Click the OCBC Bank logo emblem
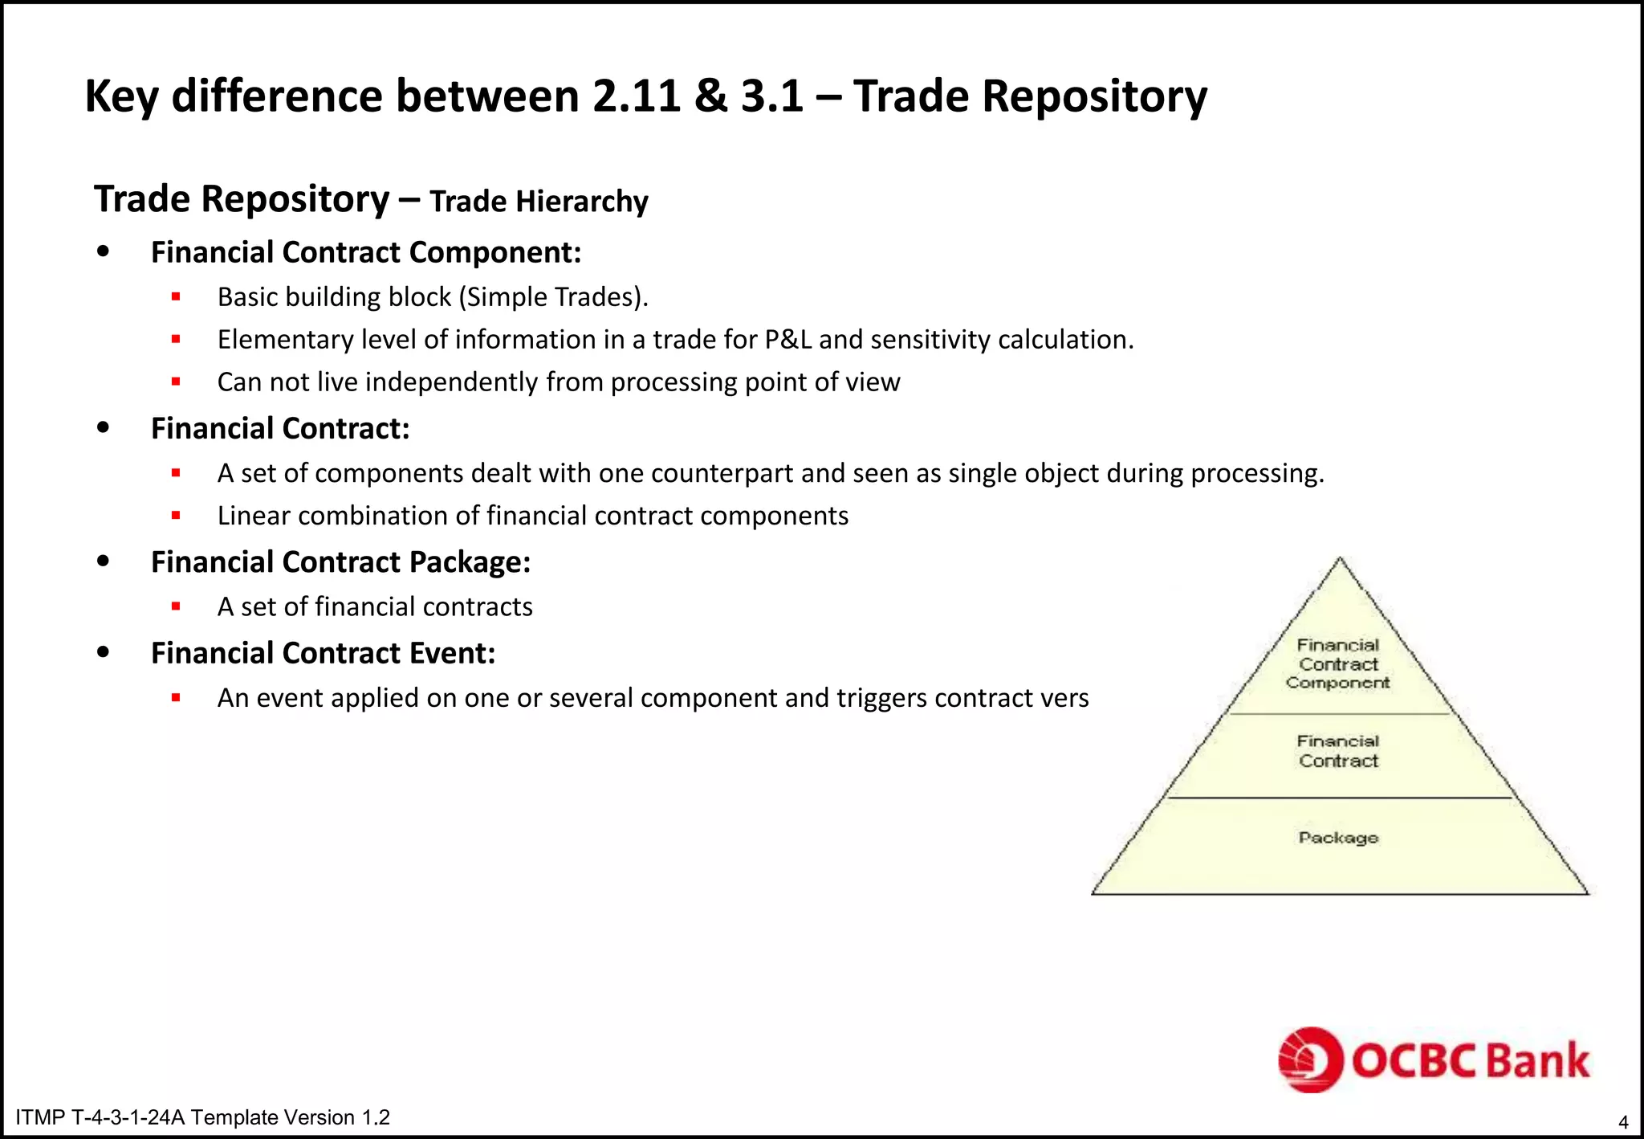click(x=1310, y=1059)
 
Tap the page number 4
click(x=1623, y=1122)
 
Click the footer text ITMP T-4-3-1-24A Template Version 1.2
click(x=202, y=1117)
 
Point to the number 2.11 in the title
click(x=636, y=96)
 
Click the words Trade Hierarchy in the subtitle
click(x=539, y=201)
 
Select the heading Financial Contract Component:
click(x=365, y=252)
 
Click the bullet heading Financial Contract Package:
click(x=340, y=562)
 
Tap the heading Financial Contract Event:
click(x=323, y=653)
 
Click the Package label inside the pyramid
click(x=1338, y=838)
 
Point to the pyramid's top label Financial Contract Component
click(x=1338, y=664)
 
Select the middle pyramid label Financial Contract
click(x=1338, y=751)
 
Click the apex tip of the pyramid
click(x=1340, y=560)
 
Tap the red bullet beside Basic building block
click(x=176, y=297)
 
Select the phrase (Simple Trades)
click(x=553, y=297)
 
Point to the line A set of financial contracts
click(x=375, y=606)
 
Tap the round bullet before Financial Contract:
click(x=103, y=428)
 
